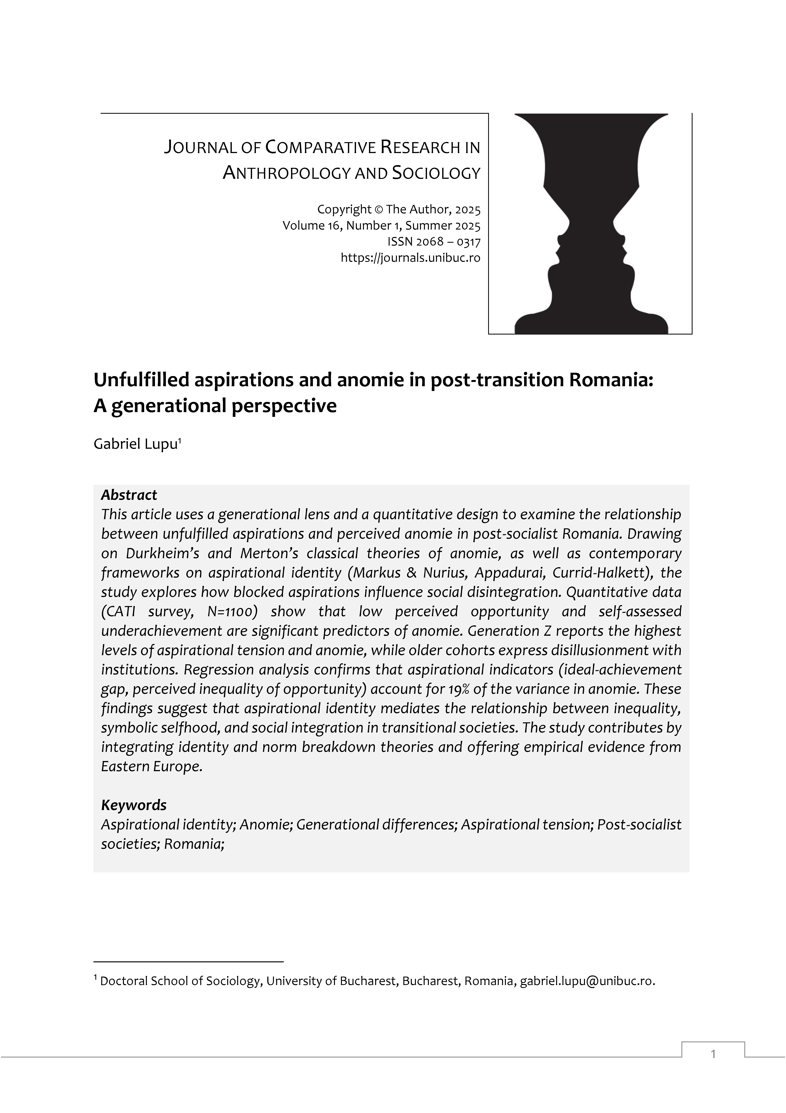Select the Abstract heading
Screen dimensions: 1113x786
[x=129, y=495]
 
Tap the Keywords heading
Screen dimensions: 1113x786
[x=134, y=805]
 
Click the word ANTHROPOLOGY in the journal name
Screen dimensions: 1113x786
[x=287, y=173]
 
